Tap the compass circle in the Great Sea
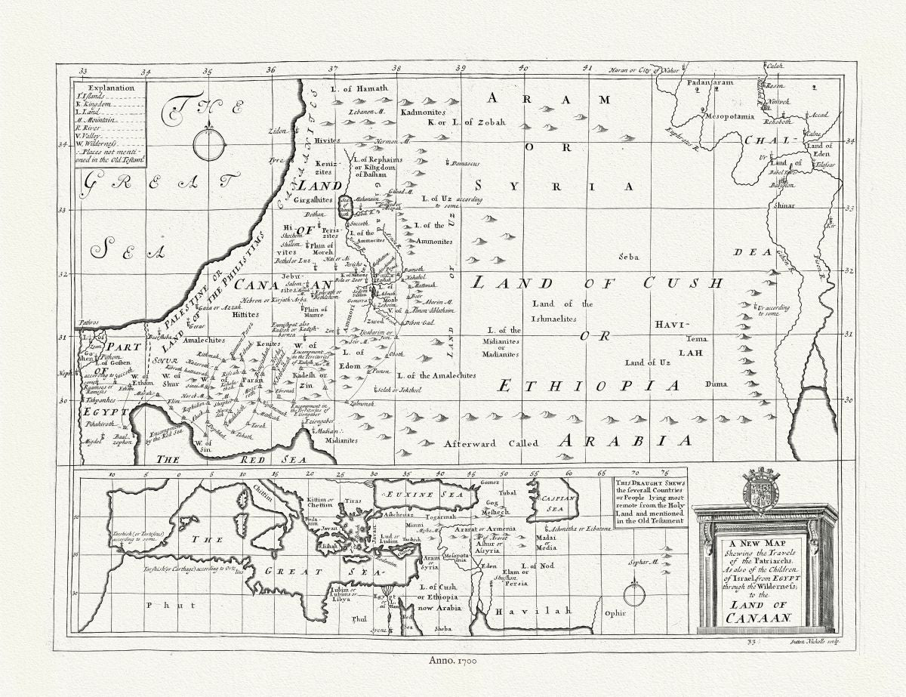tap(208, 145)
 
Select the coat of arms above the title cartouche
tap(761, 489)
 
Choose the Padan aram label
tap(710, 81)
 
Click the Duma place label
tap(717, 384)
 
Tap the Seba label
tap(628, 257)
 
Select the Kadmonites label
tap(425, 110)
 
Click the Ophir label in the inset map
tap(615, 613)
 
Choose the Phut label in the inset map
tap(161, 605)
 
